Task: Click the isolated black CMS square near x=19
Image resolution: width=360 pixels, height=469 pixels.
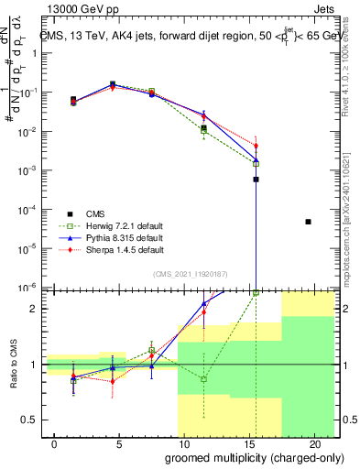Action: coord(308,222)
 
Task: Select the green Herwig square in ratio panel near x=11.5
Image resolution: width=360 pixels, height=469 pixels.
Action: coord(204,378)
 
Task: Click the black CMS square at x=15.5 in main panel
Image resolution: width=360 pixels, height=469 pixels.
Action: coord(256,180)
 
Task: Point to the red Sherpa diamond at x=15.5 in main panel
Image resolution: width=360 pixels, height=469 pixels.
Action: coord(256,146)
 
